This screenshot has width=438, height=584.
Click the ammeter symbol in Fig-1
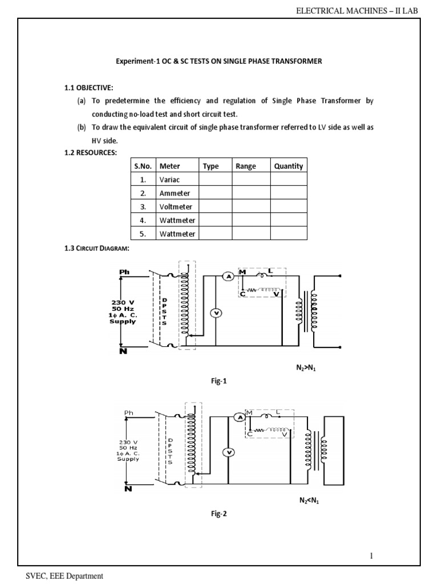[228, 276]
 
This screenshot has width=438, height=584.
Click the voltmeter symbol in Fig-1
[216, 313]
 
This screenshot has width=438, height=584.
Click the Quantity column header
[289, 166]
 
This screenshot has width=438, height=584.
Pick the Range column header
[246, 166]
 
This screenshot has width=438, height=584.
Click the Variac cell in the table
[169, 180]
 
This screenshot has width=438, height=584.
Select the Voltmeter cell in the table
[176, 207]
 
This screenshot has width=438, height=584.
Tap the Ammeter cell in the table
[175, 193]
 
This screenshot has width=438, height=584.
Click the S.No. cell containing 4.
[143, 220]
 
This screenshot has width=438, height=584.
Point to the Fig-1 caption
[219, 382]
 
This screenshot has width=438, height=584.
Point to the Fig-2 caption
[219, 513]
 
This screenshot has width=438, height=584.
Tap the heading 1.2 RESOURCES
[90, 153]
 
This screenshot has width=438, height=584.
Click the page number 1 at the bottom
[371, 555]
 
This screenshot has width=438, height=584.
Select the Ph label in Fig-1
[124, 272]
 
